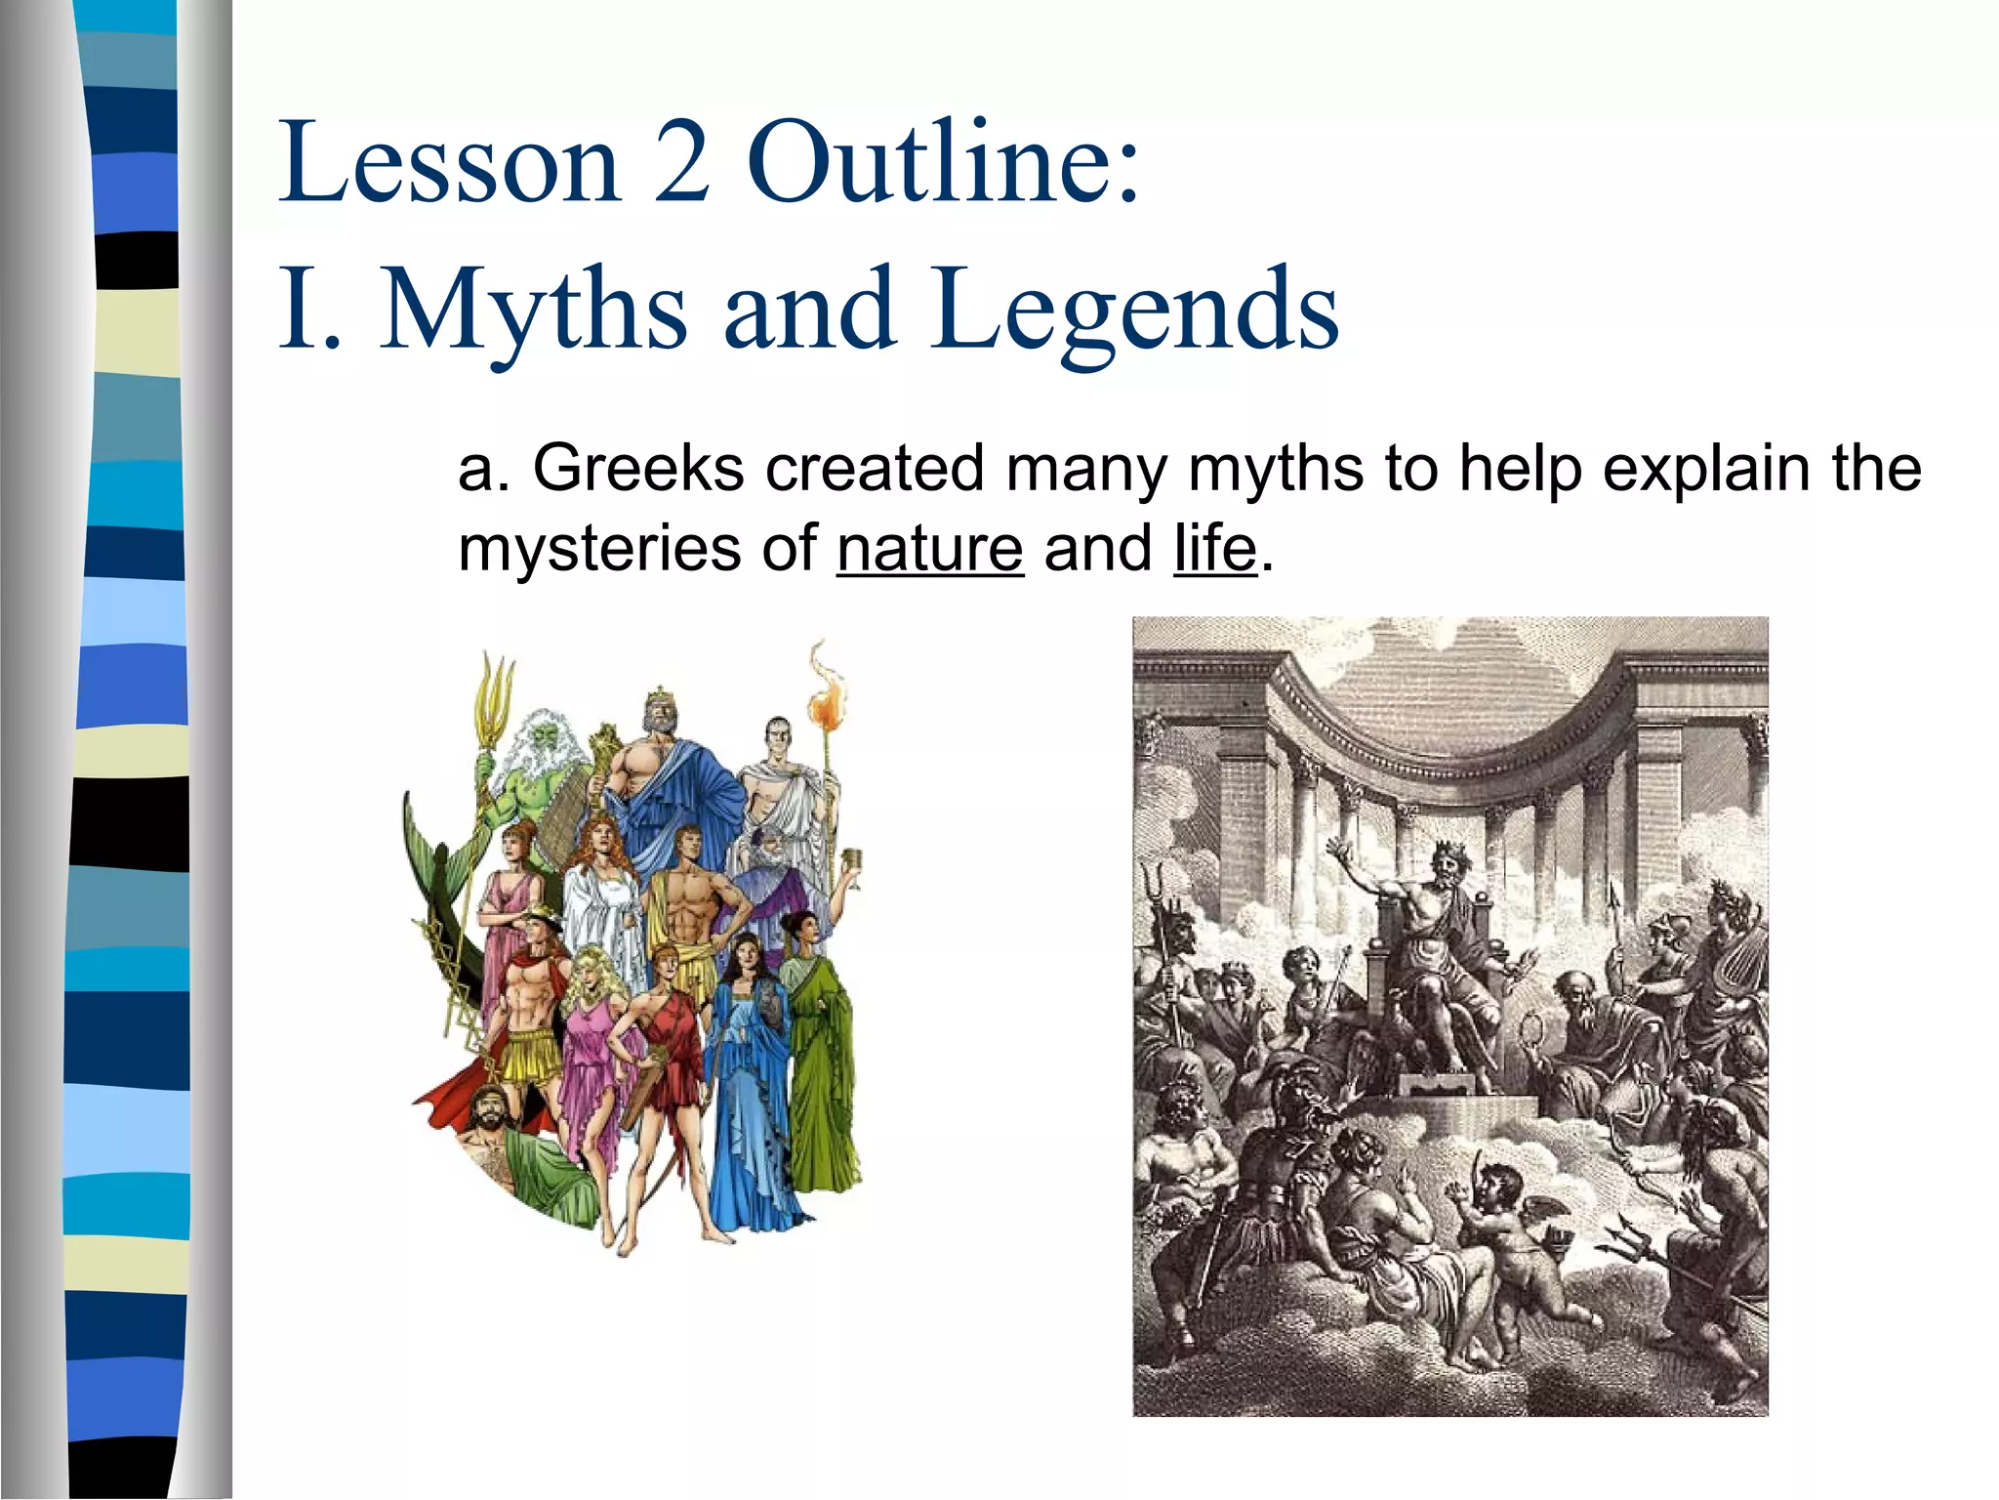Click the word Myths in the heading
533,311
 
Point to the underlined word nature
929,549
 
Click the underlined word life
1214,549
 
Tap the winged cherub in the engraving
1508,1211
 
